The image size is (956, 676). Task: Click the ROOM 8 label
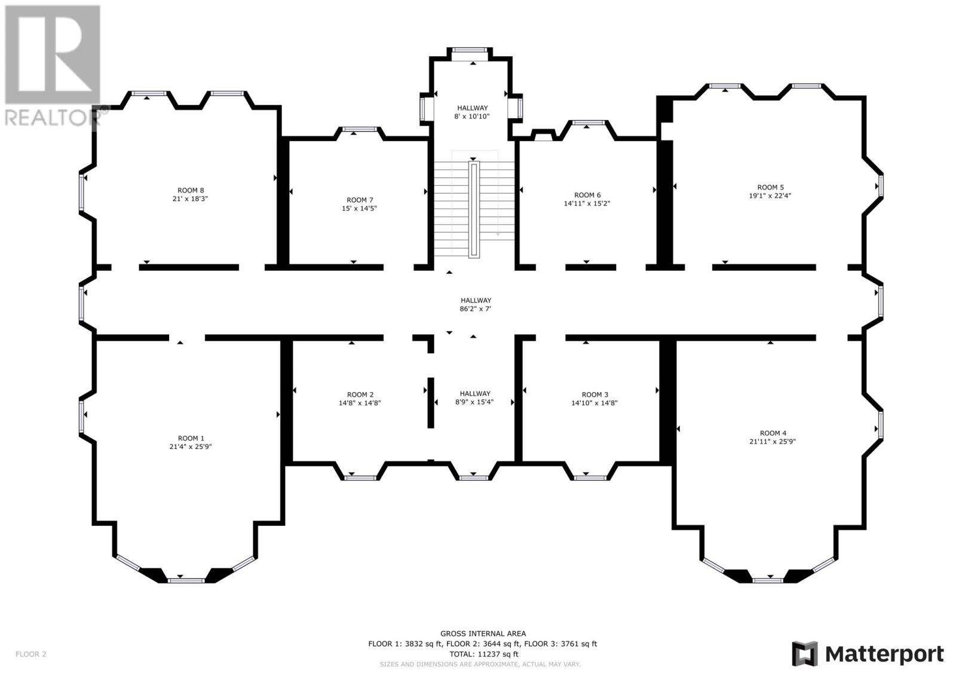tap(191, 191)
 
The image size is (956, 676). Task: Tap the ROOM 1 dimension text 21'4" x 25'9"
tap(191, 446)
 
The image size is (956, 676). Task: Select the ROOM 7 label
tap(359, 200)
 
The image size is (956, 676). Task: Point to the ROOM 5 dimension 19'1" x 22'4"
tap(770, 195)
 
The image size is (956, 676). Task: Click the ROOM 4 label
tap(773, 433)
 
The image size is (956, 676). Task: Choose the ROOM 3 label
tap(595, 394)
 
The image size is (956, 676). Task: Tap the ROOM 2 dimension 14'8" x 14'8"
tap(359, 403)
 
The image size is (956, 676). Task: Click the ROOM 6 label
tap(587, 195)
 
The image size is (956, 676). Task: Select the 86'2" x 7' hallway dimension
tap(476, 309)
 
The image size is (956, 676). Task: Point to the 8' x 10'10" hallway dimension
tap(472, 116)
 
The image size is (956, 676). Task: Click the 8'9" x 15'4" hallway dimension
tap(474, 402)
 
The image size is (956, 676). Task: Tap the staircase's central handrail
tap(474, 209)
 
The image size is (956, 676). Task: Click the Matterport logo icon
tap(804, 654)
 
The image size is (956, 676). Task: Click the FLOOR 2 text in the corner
tap(30, 654)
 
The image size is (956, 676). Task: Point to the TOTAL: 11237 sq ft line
tap(483, 654)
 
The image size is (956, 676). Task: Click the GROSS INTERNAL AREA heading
tap(483, 634)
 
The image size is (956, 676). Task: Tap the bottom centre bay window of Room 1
tap(186, 581)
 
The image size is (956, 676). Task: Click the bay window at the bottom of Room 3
tap(590, 478)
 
